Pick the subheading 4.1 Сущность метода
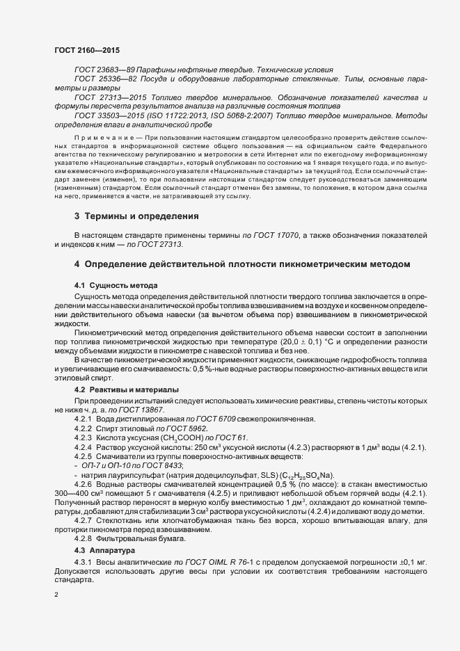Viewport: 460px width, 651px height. click(x=116, y=286)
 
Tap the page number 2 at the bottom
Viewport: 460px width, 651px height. click(x=56, y=595)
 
